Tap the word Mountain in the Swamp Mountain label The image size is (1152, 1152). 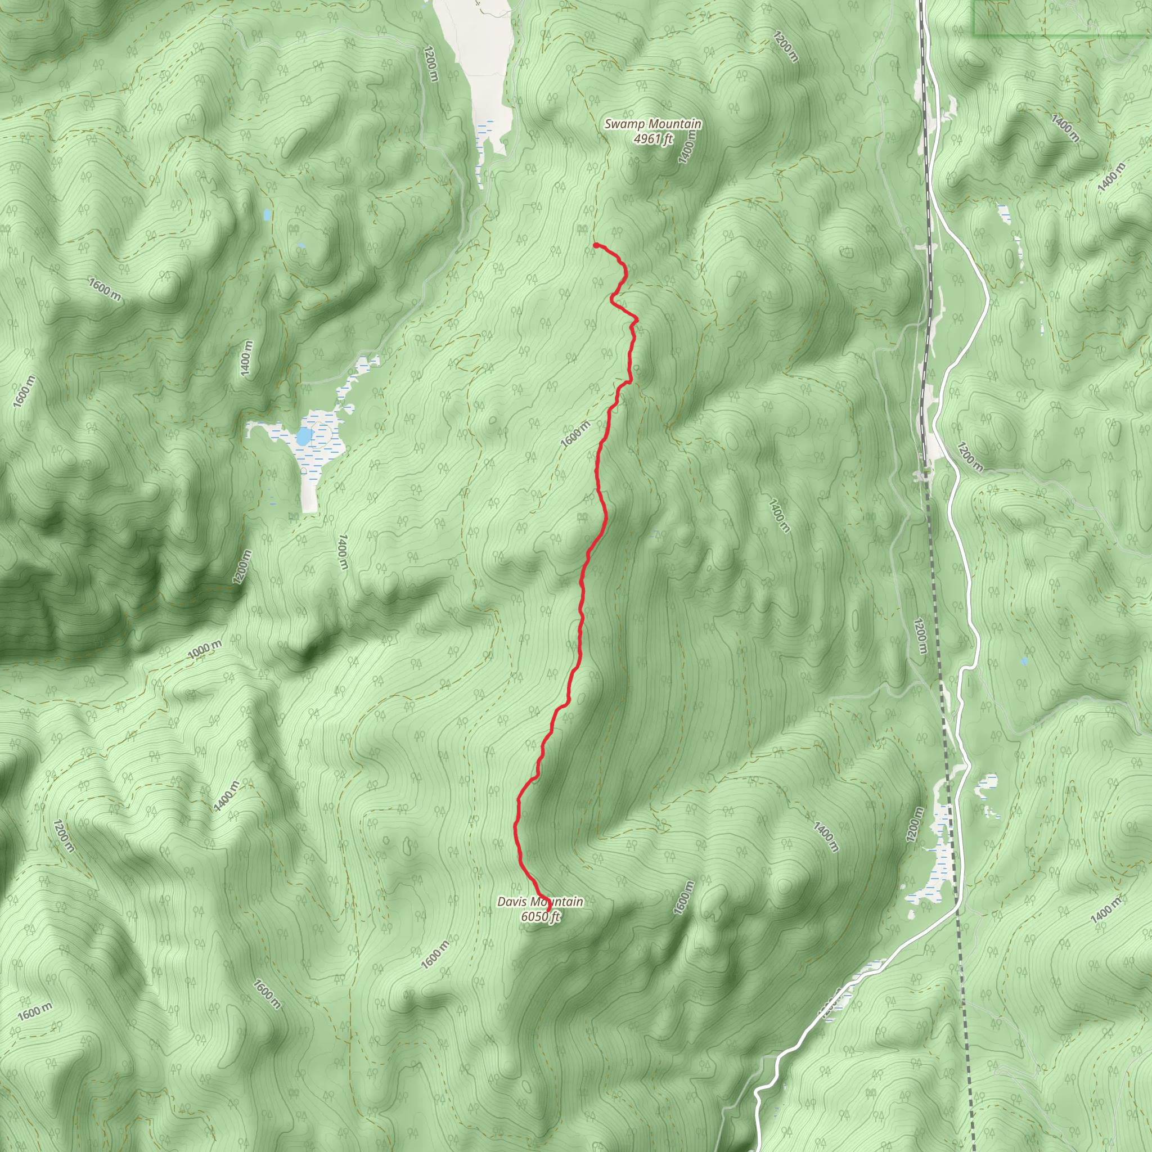pos(676,124)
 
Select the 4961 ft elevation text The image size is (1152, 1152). pos(653,139)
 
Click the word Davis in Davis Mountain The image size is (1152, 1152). pos(513,902)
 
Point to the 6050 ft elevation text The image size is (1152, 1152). pos(540,916)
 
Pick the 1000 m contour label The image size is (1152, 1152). pos(205,650)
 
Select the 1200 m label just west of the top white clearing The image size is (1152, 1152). pos(431,64)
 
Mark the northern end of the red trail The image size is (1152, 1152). pos(596,245)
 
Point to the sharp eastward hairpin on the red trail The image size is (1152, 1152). pos(637,319)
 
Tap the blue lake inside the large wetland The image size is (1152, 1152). pos(304,437)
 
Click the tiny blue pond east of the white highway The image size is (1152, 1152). pos(1024,661)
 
